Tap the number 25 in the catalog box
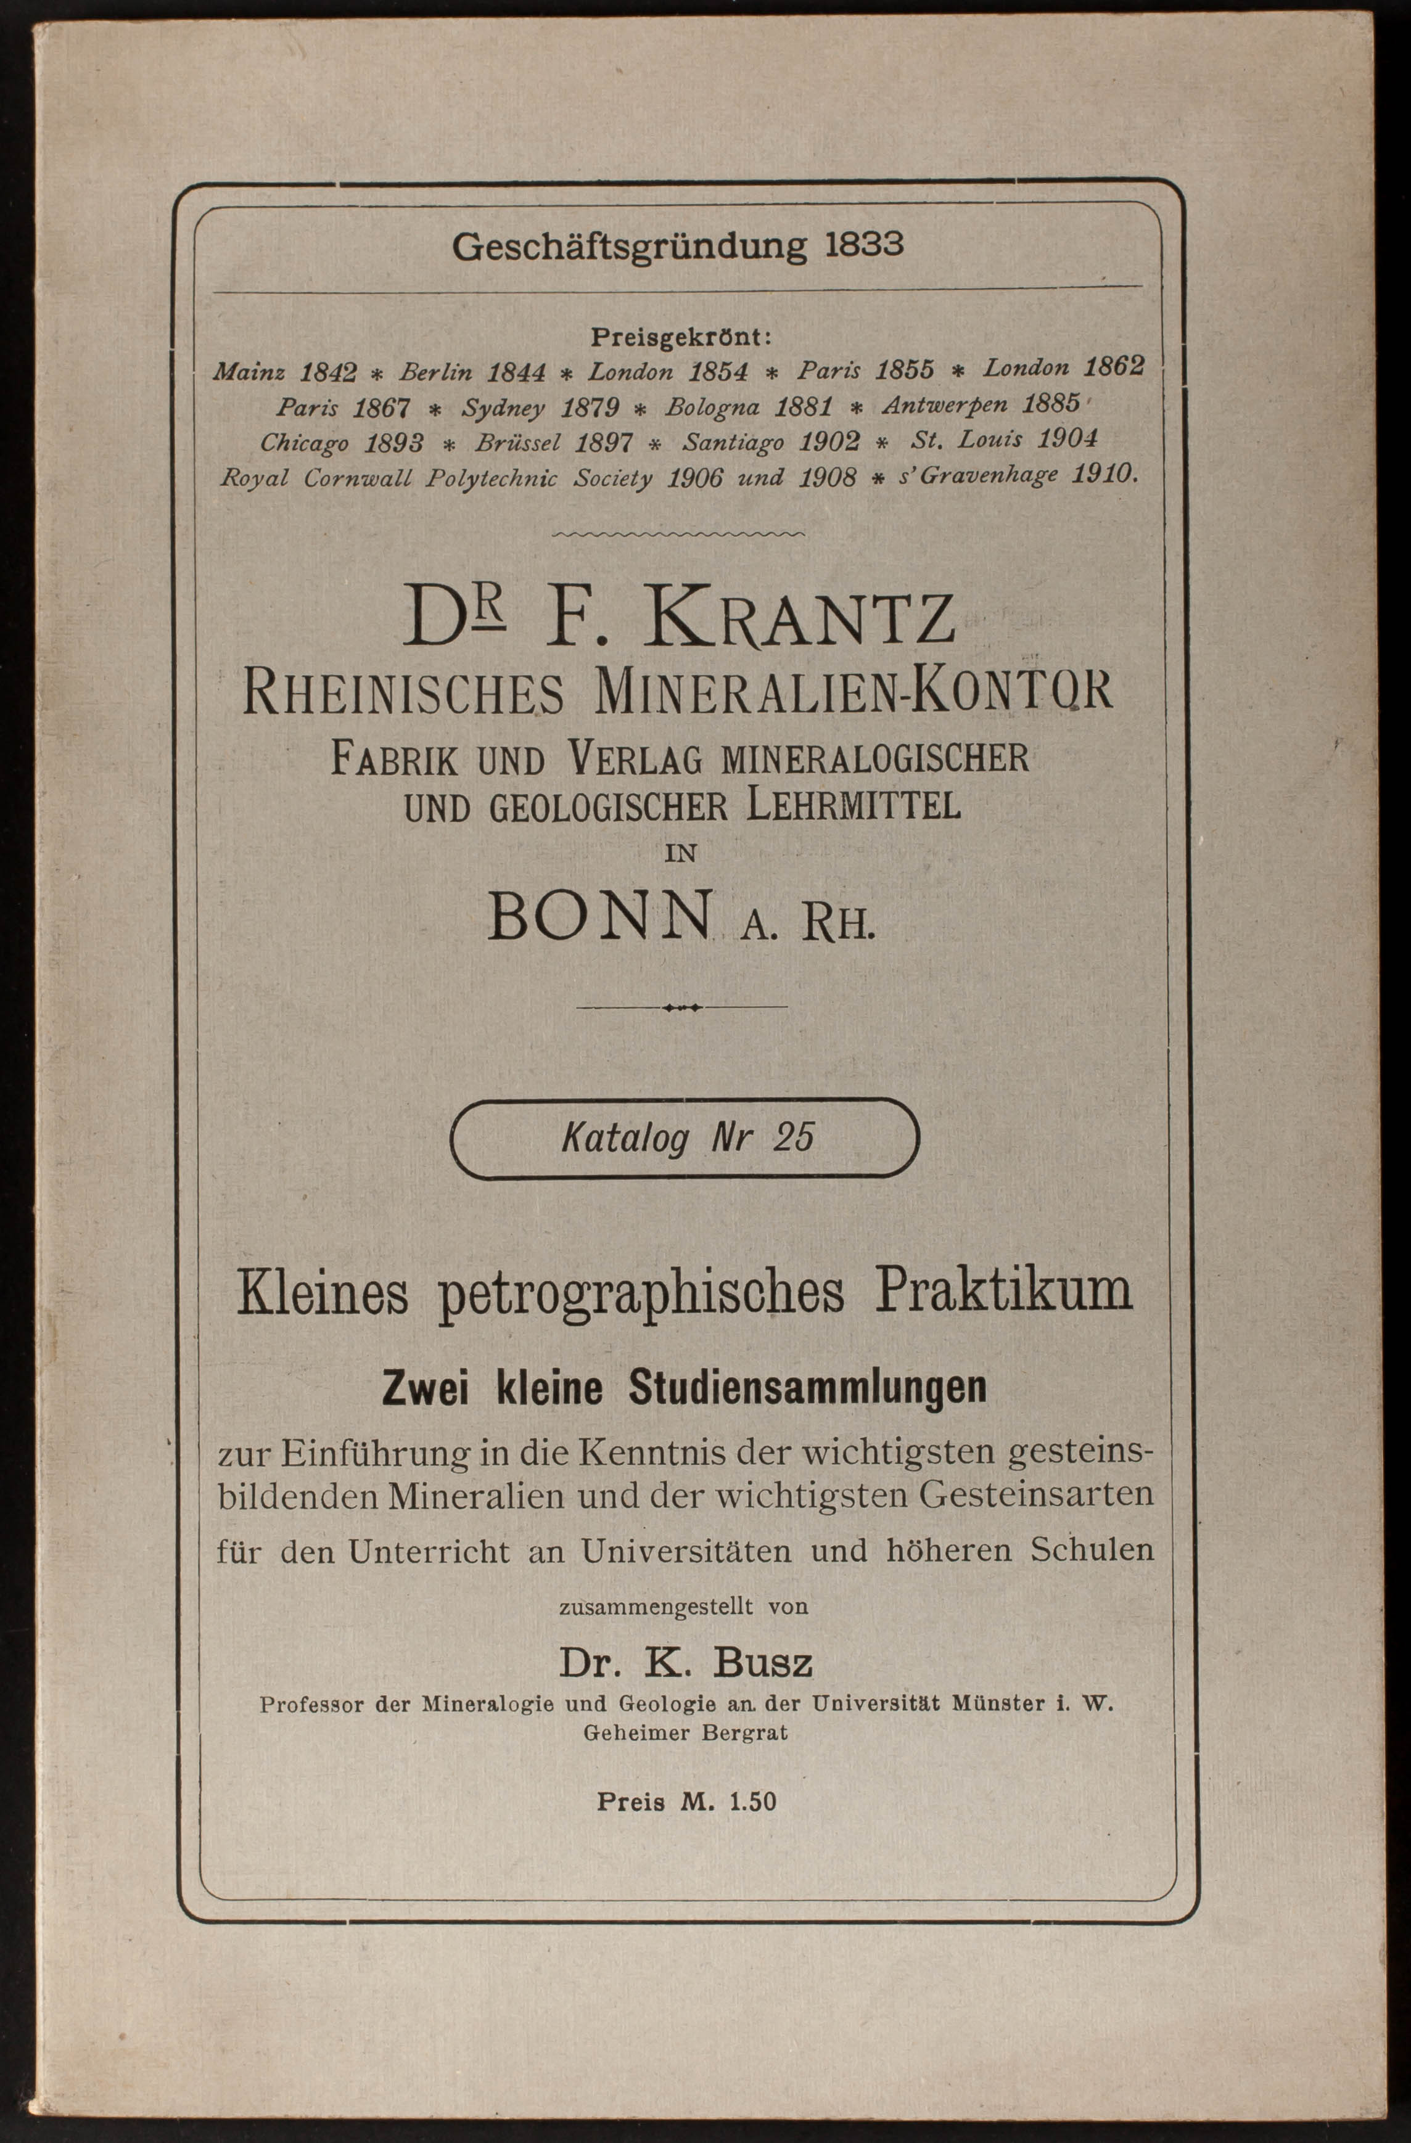792,1138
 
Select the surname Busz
763,1663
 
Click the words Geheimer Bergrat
685,1732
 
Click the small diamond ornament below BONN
681,1007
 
